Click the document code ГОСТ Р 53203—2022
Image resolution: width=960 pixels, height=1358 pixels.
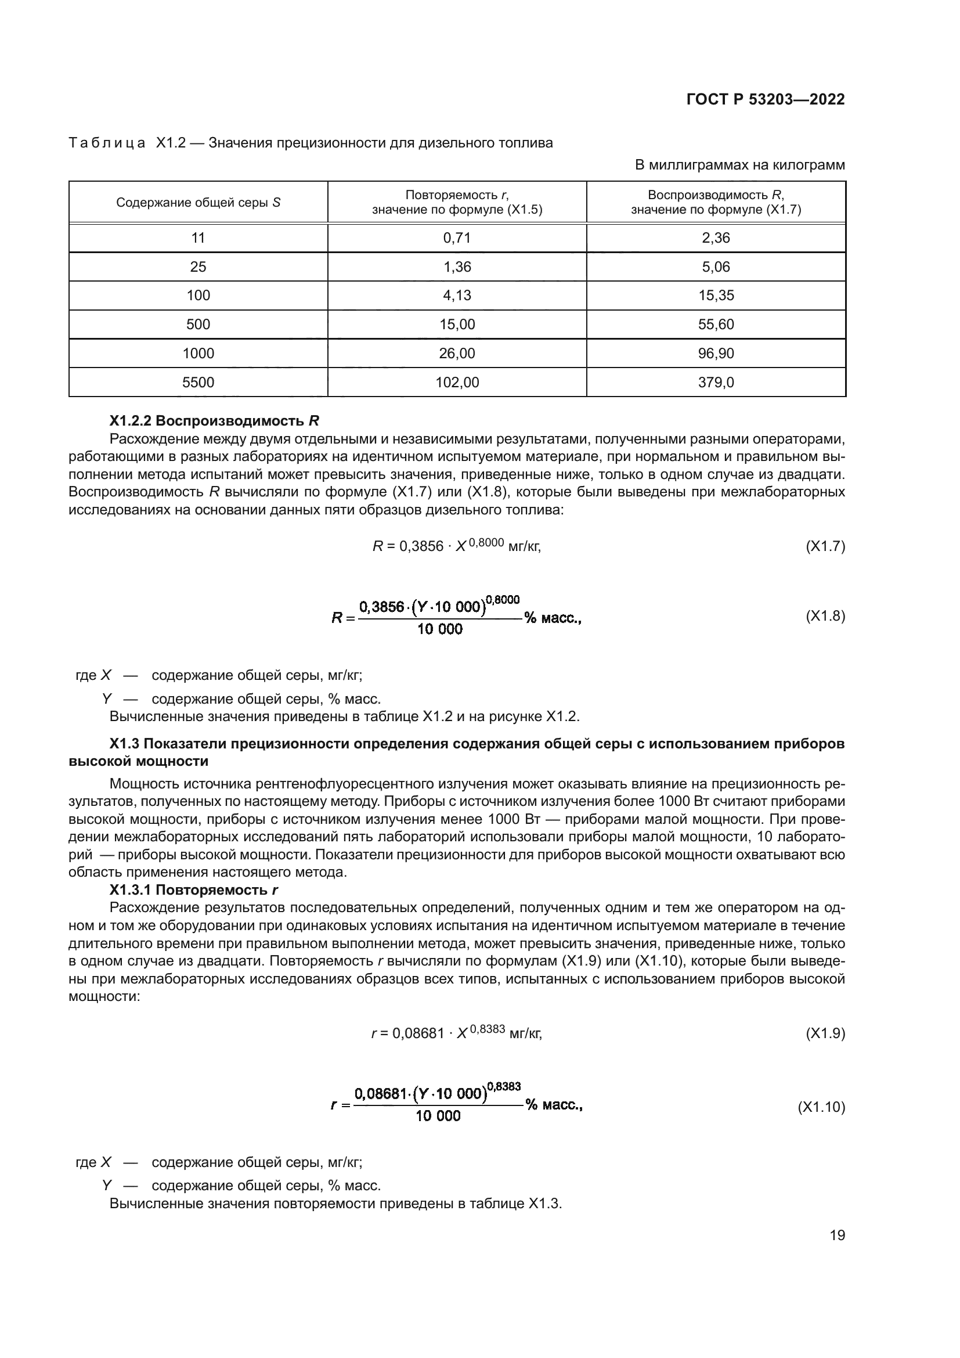[x=766, y=99]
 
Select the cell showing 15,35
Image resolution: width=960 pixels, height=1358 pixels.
[x=716, y=295]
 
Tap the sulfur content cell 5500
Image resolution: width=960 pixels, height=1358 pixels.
[x=198, y=382]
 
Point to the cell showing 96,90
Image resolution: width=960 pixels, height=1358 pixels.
[x=716, y=353]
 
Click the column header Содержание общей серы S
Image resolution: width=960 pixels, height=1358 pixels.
[x=198, y=202]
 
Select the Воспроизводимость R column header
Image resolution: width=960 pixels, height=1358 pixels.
[x=716, y=201]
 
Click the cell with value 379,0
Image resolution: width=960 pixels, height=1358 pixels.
[x=716, y=382]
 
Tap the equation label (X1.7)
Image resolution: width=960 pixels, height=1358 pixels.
[x=825, y=546]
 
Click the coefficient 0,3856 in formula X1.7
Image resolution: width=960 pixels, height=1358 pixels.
[x=421, y=546]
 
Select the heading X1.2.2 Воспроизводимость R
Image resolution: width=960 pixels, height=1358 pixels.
[x=214, y=421]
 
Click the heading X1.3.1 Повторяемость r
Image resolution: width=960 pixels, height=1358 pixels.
[x=193, y=890]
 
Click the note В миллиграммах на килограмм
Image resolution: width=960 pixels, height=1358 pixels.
[x=739, y=165]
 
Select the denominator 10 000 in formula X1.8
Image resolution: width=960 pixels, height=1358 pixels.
[x=440, y=629]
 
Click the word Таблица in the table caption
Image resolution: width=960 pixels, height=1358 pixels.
[x=107, y=143]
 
